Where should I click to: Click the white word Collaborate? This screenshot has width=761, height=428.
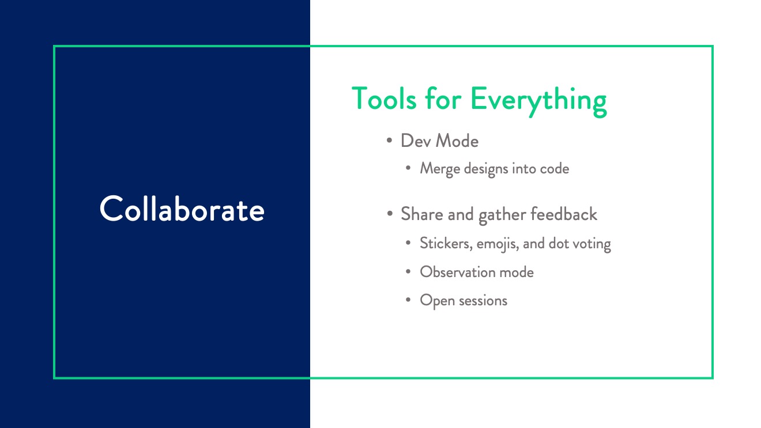(x=182, y=209)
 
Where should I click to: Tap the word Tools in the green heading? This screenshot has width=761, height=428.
(x=384, y=99)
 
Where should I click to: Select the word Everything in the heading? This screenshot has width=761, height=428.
(x=539, y=101)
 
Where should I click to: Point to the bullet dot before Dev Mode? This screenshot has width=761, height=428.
(x=389, y=140)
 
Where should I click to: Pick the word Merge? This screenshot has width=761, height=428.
(x=440, y=169)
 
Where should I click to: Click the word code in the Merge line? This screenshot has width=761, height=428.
(x=555, y=169)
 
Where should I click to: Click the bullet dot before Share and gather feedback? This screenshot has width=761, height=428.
(x=390, y=214)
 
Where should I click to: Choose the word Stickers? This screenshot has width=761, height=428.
(x=446, y=244)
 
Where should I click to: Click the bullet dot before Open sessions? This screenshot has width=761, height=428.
(x=408, y=300)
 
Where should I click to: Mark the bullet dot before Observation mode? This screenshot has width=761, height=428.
(x=408, y=271)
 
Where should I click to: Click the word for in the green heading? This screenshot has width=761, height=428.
(x=443, y=99)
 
